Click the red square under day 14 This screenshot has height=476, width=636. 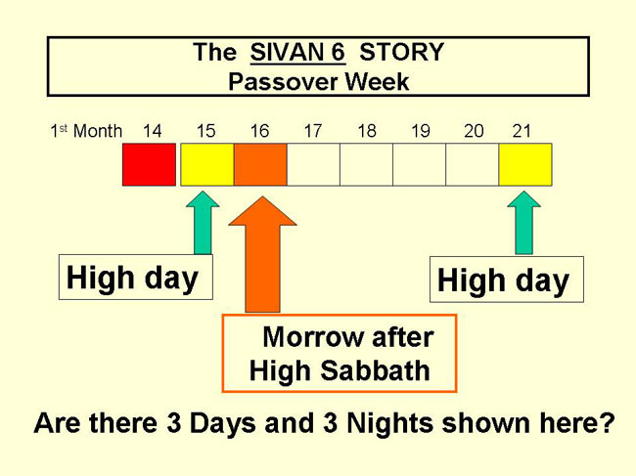click(150, 164)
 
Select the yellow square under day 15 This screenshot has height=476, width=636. click(207, 164)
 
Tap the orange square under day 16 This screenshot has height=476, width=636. click(260, 164)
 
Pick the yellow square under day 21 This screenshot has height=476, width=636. click(525, 164)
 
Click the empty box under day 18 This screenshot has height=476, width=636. click(366, 164)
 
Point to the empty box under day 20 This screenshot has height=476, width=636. click(473, 164)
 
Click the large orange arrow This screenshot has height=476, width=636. click(262, 255)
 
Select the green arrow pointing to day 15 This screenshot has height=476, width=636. click(203, 223)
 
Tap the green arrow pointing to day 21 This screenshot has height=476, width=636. click(524, 223)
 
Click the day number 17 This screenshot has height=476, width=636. click(313, 131)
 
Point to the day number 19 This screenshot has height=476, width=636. click(420, 131)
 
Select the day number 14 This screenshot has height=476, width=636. click(152, 131)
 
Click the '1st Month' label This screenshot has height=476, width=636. click(86, 131)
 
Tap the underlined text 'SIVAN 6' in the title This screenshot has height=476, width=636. click(297, 53)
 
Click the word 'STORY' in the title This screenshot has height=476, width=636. click(401, 52)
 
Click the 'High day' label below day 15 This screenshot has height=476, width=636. click(132, 279)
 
